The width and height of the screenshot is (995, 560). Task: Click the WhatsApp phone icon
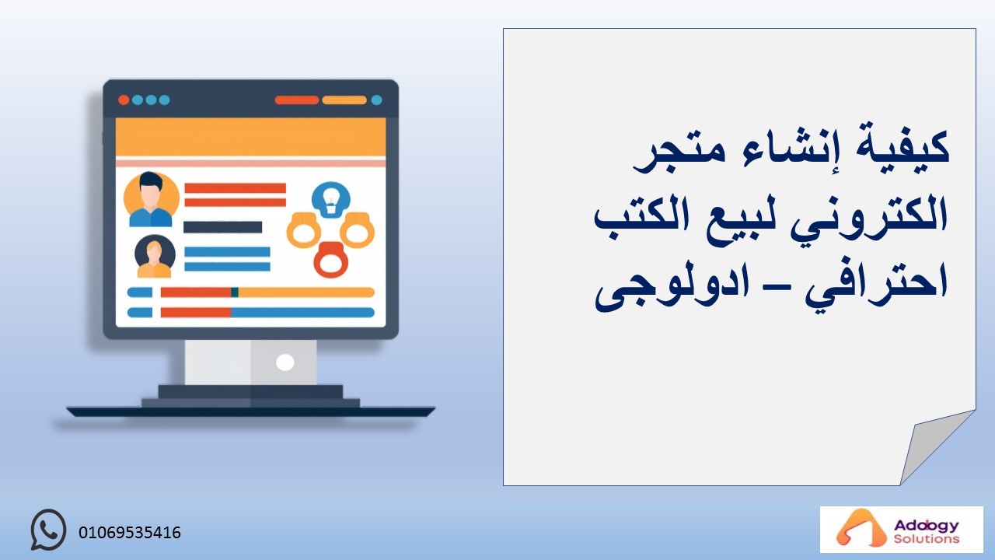click(48, 530)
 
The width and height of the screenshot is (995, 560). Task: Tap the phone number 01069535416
click(130, 533)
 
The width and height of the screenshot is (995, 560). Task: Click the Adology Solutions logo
click(901, 530)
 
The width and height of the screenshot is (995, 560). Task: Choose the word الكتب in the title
click(642, 214)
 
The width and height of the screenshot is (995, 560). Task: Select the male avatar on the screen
click(151, 200)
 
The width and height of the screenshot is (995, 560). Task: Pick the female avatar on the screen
click(155, 257)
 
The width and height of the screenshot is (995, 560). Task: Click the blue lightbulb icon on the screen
click(331, 200)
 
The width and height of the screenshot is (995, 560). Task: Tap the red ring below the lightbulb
click(331, 260)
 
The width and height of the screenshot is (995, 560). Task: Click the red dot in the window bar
click(124, 100)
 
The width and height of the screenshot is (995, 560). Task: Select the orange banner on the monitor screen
click(250, 137)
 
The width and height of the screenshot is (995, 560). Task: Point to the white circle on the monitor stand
click(285, 362)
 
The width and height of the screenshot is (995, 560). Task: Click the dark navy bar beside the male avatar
click(222, 227)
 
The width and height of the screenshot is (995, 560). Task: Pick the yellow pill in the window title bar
click(344, 100)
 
